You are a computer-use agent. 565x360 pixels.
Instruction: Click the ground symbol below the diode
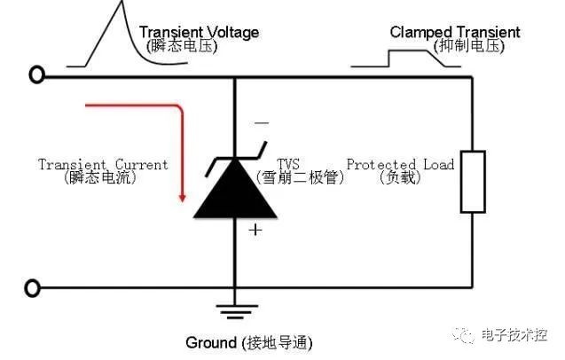(x=236, y=312)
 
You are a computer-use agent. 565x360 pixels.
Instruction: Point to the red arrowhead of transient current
(x=183, y=198)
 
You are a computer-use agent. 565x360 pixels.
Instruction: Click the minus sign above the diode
(x=262, y=123)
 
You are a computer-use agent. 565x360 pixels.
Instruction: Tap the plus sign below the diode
(x=255, y=230)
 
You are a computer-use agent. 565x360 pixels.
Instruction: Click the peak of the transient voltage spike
(x=122, y=2)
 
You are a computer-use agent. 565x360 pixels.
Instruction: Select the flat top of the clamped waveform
(x=408, y=51)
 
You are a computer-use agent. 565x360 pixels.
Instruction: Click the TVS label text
(x=288, y=164)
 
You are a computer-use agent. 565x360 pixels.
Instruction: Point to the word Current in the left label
(x=142, y=164)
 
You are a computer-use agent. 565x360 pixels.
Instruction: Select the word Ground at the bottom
(x=211, y=342)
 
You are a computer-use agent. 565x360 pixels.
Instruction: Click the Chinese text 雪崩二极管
(x=300, y=177)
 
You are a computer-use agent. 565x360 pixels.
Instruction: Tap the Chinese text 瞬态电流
(x=100, y=177)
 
